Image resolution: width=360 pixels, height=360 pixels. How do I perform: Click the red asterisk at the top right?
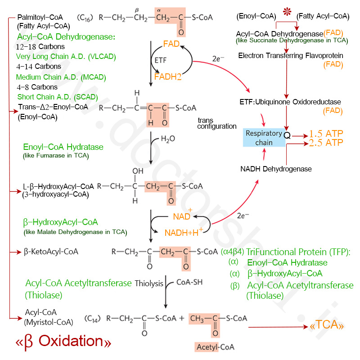pyautogui.click(x=287, y=12)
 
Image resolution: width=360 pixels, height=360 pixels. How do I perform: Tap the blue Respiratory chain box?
pyautogui.click(x=264, y=138)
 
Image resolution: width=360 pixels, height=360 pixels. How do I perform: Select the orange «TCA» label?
pyautogui.click(x=327, y=325)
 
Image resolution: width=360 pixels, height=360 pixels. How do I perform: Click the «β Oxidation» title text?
pyautogui.click(x=63, y=342)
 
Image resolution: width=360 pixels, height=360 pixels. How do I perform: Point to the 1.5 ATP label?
pyautogui.click(x=326, y=133)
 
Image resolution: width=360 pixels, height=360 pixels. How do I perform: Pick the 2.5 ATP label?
pyautogui.click(x=326, y=143)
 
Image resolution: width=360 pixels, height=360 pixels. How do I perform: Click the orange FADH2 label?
pyautogui.click(x=168, y=76)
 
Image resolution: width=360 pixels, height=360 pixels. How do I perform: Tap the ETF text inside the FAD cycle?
pyautogui.click(x=160, y=60)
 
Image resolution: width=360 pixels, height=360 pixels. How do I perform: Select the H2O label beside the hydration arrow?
pyautogui.click(x=168, y=139)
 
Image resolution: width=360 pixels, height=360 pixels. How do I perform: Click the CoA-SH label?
pyautogui.click(x=189, y=282)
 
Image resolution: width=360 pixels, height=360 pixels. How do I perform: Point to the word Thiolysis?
pyautogui.click(x=149, y=283)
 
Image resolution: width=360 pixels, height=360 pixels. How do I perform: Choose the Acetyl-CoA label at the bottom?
pyautogui.click(x=216, y=347)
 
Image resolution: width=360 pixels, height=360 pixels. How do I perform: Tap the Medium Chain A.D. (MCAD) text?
pyautogui.click(x=61, y=77)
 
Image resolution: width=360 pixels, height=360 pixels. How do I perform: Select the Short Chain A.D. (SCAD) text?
pyautogui.click(x=58, y=97)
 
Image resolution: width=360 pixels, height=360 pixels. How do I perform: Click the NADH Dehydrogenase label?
pyautogui.click(x=276, y=169)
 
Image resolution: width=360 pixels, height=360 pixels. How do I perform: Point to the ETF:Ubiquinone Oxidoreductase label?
pyautogui.click(x=290, y=102)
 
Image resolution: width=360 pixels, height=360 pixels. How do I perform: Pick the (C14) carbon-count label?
pyautogui.click(x=93, y=319)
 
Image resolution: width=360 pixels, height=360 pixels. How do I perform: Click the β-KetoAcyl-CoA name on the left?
pyautogui.click(x=51, y=252)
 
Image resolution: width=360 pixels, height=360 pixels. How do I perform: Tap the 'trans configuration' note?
pyautogui.click(x=217, y=123)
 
